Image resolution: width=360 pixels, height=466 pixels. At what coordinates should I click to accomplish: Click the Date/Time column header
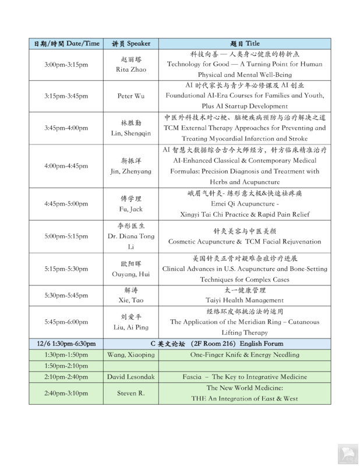[66, 44]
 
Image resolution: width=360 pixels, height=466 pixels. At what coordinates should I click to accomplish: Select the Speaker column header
[130, 44]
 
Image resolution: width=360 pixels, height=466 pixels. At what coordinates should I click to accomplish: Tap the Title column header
[245, 44]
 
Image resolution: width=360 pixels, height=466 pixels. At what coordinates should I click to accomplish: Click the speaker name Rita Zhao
[130, 70]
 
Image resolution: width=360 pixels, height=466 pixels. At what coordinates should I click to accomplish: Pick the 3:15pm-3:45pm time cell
[66, 96]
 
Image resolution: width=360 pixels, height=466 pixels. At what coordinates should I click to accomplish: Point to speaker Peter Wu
[130, 96]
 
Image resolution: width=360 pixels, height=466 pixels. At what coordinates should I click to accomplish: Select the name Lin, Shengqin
[130, 133]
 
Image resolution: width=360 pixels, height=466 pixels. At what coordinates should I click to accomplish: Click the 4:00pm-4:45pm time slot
[66, 165]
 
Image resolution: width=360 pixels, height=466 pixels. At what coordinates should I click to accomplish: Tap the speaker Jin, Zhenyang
[130, 171]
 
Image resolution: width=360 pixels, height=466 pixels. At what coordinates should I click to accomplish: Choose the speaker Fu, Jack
[130, 209]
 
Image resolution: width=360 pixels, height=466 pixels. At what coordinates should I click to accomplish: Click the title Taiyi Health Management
[245, 301]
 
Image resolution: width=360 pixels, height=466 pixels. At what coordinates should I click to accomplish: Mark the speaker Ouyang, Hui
[130, 274]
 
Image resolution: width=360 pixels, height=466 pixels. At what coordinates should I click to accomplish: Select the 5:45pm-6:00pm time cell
[66, 322]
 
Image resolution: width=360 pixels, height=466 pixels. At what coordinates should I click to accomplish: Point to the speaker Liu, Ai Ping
[130, 327]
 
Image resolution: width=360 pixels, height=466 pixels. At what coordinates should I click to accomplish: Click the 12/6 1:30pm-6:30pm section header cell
[66, 343]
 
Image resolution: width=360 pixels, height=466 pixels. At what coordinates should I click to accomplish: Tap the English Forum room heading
[245, 343]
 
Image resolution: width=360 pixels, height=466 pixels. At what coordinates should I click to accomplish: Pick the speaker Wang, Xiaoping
[130, 354]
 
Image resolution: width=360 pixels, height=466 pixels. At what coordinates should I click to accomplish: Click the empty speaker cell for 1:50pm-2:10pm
[130, 365]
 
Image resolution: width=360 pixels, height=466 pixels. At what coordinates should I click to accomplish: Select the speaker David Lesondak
[130, 376]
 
